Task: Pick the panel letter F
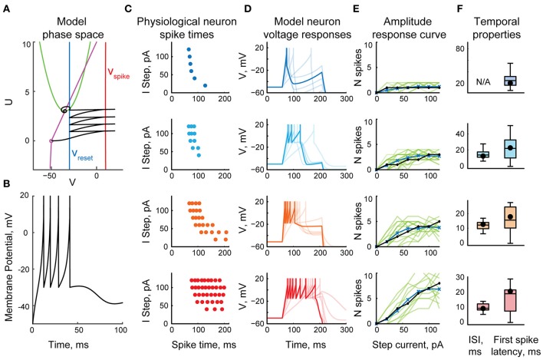(446, 7)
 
